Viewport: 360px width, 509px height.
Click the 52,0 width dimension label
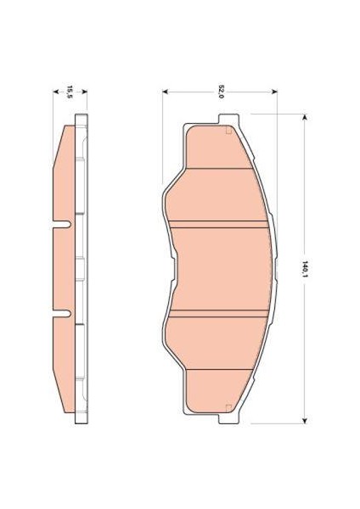pyautogui.click(x=220, y=91)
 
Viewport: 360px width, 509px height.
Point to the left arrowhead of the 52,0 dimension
pyautogui.click(x=165, y=91)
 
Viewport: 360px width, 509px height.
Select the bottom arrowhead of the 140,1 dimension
pyautogui.click(x=303, y=422)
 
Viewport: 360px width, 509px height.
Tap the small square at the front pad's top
pyautogui.click(x=227, y=131)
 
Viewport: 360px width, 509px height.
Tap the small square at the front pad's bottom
pyautogui.click(x=227, y=410)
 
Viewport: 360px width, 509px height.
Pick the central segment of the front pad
pyautogui.click(x=219, y=270)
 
